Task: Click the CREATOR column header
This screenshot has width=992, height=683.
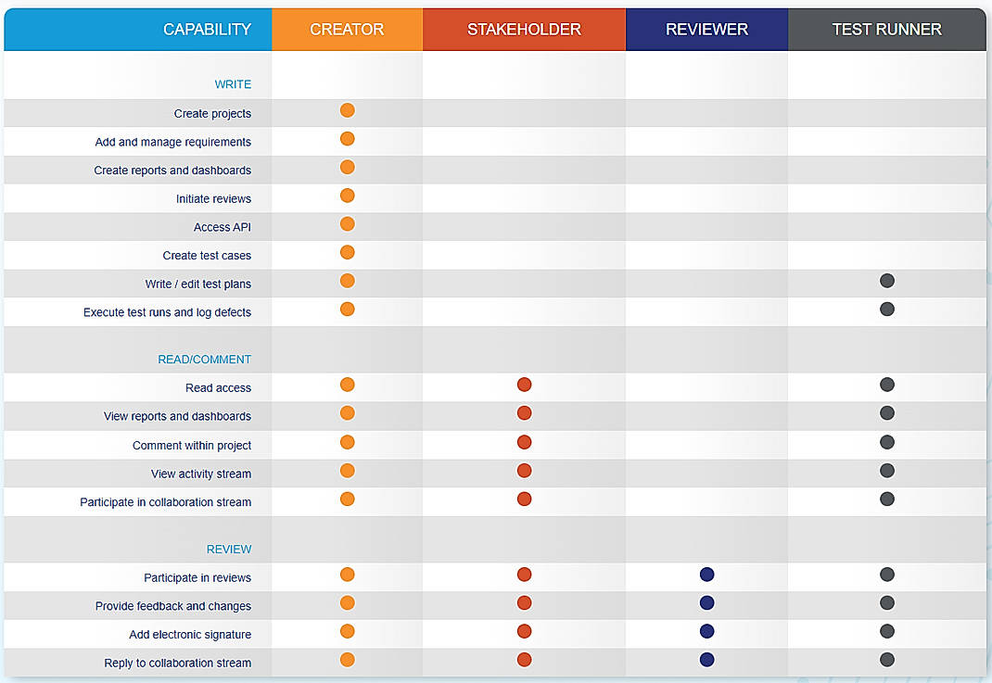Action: coord(347,30)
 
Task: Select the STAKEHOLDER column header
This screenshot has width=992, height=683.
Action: coord(524,30)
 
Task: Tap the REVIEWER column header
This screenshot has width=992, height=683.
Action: coord(706,30)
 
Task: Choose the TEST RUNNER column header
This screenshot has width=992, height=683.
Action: coord(887,30)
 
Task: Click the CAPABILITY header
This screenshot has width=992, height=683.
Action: coord(207,30)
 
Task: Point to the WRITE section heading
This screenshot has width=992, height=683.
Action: coord(233,84)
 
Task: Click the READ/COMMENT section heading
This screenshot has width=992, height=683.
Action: coord(204,360)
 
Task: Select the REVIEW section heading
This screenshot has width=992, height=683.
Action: coord(229,549)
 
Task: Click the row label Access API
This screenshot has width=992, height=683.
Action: coord(223,227)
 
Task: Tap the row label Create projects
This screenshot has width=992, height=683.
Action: coord(212,114)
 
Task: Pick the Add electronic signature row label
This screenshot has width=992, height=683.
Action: coord(190,634)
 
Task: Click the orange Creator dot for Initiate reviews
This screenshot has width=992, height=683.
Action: coord(348,196)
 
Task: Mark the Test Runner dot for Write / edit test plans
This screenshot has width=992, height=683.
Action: coord(887,280)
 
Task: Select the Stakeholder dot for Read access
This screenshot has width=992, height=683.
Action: coord(524,385)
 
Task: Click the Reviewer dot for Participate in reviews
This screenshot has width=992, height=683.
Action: coord(706,575)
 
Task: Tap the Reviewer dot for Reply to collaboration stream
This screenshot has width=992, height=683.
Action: coord(706,660)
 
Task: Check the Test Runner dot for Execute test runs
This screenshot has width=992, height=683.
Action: coord(887,309)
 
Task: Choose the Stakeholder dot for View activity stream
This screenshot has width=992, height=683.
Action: coord(524,471)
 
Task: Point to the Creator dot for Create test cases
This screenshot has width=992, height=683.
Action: coord(348,252)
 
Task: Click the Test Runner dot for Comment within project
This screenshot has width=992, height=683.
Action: coord(887,442)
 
